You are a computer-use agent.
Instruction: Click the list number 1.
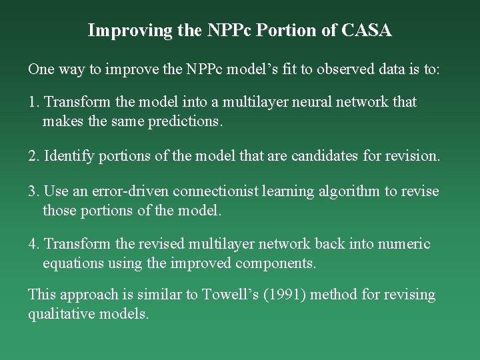[x=33, y=102]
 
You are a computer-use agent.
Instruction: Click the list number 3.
[x=33, y=192]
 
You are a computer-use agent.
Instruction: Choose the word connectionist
[x=215, y=192]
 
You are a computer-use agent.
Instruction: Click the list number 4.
[x=33, y=244]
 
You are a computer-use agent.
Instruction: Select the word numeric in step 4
[x=404, y=244]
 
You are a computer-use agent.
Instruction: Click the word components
[x=275, y=263]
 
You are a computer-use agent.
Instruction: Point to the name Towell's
[x=231, y=295]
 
